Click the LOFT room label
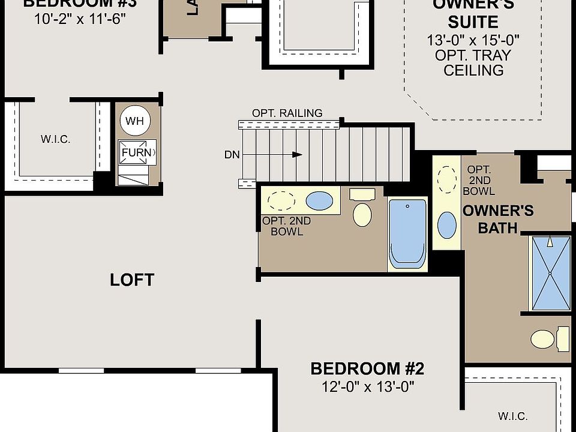tap(132, 280)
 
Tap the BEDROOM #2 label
tap(367, 368)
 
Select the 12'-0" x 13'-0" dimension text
tap(367, 386)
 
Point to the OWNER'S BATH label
tap(498, 219)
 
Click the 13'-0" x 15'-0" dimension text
tap(473, 40)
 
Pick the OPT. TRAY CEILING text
tap(473, 62)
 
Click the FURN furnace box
tap(137, 152)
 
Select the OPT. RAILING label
tap(287, 113)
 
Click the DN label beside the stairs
tap(232, 155)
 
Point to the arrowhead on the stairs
tap(297, 155)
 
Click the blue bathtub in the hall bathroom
tap(407, 233)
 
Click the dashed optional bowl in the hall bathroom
tap(281, 200)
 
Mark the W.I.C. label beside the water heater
tap(55, 139)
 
